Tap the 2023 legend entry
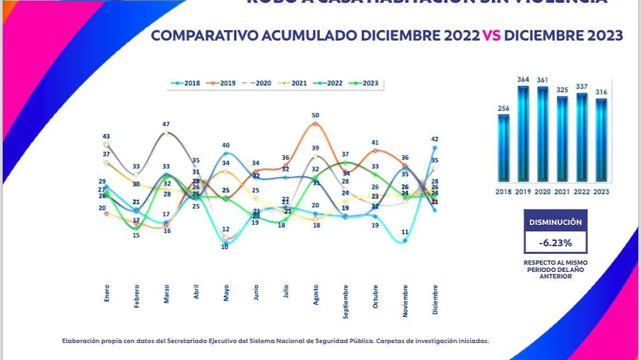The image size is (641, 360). (365, 83)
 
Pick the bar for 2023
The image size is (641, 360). (601, 140)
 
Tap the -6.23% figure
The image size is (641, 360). (556, 242)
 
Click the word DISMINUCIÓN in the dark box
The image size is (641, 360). (556, 222)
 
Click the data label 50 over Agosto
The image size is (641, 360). (316, 115)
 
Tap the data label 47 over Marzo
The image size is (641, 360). (167, 124)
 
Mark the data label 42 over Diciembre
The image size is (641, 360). (435, 139)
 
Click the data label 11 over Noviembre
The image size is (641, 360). (405, 232)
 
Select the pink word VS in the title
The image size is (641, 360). (491, 36)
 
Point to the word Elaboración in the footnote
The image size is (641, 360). (80, 340)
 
